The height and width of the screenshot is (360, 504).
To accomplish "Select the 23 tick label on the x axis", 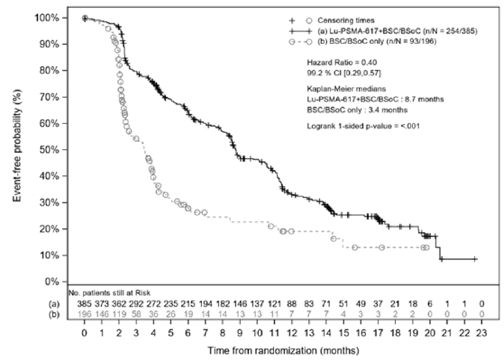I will [x=481, y=333].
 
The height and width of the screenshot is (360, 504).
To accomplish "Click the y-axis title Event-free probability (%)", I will [x=17, y=150].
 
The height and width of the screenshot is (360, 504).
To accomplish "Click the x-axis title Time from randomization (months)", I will [x=283, y=351].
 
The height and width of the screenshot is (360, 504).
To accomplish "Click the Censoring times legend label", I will [x=346, y=21].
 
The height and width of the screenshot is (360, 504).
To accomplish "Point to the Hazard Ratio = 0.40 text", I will [x=342, y=62].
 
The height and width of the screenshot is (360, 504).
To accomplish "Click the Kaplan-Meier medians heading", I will [x=346, y=89].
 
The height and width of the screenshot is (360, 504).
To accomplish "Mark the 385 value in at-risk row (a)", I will [x=84, y=304].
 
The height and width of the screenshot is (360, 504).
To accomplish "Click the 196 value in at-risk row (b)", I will [x=84, y=314].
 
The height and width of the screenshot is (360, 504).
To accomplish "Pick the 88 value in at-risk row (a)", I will [x=292, y=304].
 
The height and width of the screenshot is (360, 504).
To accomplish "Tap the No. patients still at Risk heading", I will [x=110, y=293].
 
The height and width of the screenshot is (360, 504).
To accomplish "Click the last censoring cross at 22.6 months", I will [x=474, y=259].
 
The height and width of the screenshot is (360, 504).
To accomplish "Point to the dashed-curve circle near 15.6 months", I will [x=355, y=247].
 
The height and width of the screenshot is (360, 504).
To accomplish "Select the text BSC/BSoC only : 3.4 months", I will [x=357, y=110].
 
